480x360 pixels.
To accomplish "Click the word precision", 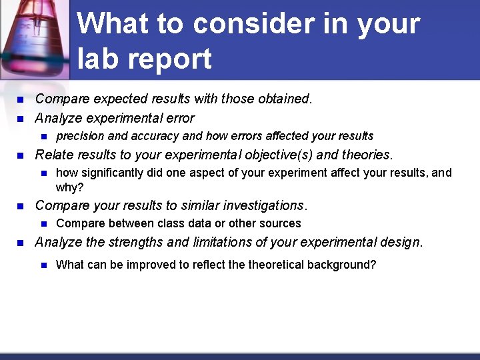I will coord(80,136).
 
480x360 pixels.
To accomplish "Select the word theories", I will coord(368,155).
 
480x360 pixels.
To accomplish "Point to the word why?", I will coord(70,187).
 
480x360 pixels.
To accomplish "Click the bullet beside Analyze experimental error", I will coord(19,119).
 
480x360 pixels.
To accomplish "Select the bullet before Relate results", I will coord(19,155).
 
